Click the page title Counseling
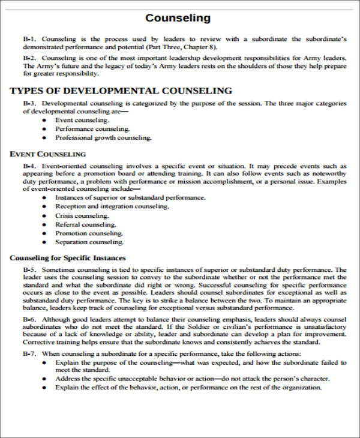click(178, 18)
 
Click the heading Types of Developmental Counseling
click(121, 91)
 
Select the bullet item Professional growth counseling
click(103, 138)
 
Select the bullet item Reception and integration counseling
click(112, 206)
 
